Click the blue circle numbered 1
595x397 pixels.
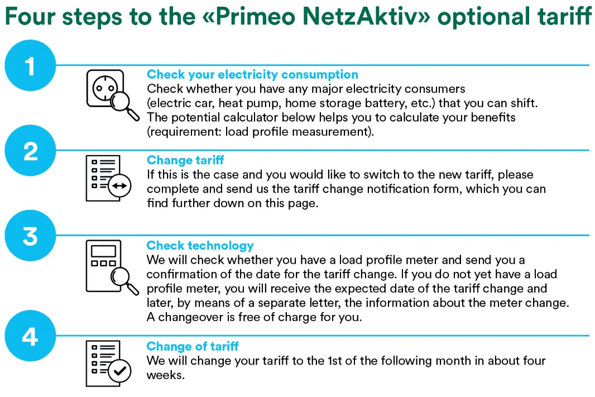point(30,66)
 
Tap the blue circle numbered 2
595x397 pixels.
point(30,151)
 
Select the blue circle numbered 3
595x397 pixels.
point(30,236)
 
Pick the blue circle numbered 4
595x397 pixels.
point(30,337)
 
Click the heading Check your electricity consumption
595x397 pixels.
point(252,74)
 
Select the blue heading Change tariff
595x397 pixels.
point(185,160)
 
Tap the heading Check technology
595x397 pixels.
point(200,246)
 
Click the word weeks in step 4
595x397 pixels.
point(165,375)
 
